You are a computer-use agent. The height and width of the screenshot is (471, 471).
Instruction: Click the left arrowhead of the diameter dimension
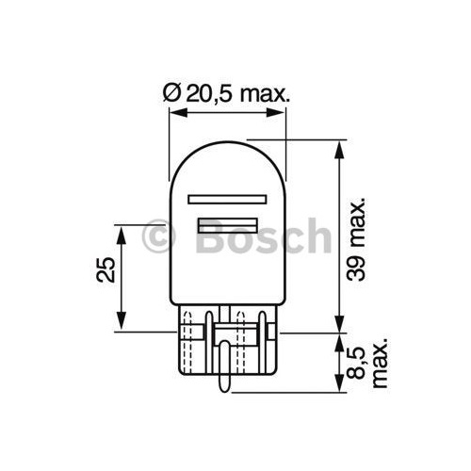pos(174,113)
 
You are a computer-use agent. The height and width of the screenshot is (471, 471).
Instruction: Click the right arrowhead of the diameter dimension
pos(280,113)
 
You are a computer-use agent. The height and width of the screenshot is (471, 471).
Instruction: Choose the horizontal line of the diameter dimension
pos(227,113)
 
